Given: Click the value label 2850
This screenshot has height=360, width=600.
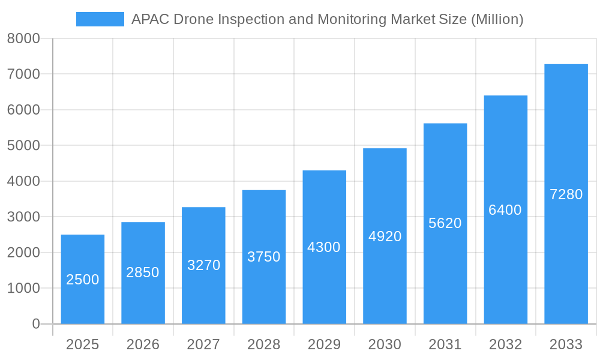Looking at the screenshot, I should [x=143, y=272].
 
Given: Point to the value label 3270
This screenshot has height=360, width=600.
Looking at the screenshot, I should [x=204, y=265].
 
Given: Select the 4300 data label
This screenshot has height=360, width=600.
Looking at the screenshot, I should [x=324, y=247].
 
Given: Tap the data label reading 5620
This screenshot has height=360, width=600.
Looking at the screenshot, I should [x=445, y=223].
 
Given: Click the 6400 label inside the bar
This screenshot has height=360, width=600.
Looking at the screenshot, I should [x=505, y=210].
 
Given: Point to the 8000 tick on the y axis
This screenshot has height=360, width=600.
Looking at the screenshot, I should [x=23, y=38].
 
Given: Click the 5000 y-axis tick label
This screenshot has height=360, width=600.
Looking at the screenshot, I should [x=23, y=146].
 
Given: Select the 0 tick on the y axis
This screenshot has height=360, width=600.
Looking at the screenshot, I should [x=36, y=324].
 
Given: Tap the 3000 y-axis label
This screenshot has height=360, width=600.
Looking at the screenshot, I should [x=23, y=217].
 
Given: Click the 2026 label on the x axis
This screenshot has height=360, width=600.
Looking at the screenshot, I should [x=143, y=344].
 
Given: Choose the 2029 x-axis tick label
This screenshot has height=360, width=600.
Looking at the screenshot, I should [x=324, y=344].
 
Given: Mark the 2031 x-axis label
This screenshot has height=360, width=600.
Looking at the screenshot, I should [x=445, y=344].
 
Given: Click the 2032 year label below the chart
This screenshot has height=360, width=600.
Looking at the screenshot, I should [x=505, y=344].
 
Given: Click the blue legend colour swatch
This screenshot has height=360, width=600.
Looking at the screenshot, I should [x=100, y=19].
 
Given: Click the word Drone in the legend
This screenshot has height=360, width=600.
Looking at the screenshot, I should [x=193, y=19].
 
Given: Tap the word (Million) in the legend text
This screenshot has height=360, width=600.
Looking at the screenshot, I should [x=497, y=19].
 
